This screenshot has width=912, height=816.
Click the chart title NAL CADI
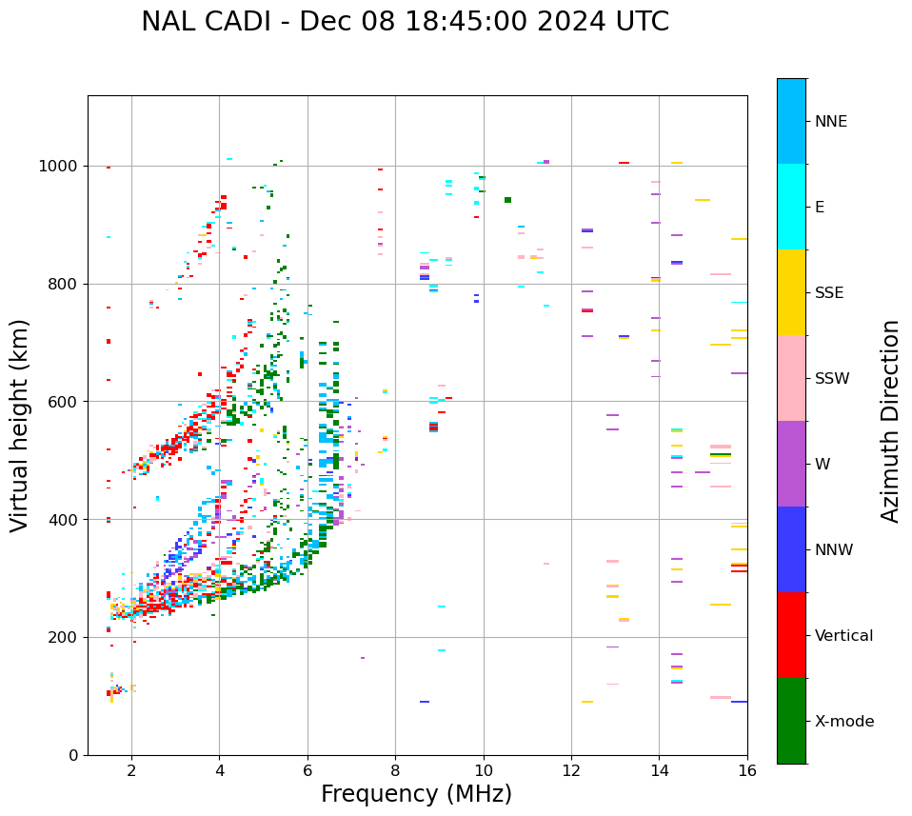coord(405,22)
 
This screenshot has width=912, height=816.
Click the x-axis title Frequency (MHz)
coord(416,794)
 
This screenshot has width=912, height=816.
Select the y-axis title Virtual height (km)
coord(20,425)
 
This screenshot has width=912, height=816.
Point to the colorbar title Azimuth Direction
coord(890,420)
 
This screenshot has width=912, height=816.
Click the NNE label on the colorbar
coord(830,122)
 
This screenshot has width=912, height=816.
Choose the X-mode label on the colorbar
coord(843,722)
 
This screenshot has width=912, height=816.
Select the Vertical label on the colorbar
coord(843,636)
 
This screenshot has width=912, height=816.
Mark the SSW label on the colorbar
coord(832,379)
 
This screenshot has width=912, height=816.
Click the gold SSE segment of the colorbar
coord(791,291)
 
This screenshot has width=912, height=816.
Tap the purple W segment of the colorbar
coord(791,463)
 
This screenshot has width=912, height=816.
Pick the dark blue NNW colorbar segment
coord(791,548)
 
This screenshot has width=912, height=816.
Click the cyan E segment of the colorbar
coord(791,206)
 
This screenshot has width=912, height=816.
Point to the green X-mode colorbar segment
coord(791,720)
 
